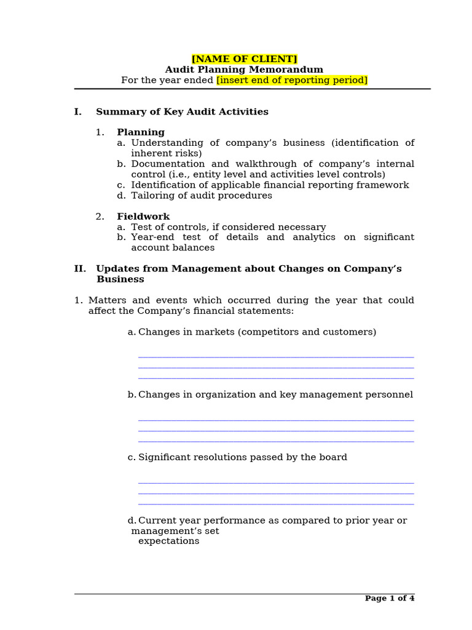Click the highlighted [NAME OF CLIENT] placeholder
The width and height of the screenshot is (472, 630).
[244, 59]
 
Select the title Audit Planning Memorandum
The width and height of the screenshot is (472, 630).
[244, 70]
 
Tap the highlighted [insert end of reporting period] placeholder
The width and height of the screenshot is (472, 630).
[291, 81]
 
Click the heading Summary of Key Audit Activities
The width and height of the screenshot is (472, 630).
[182, 112]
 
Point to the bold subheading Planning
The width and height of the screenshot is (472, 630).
[141, 132]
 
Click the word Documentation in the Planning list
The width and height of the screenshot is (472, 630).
[168, 164]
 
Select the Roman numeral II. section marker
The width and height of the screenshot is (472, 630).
[80, 269]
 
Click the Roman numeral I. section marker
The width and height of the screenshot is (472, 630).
[77, 112]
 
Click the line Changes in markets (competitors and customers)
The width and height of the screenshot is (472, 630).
[257, 332]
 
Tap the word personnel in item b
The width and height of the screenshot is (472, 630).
[390, 395]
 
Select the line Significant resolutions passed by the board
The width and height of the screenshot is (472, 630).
[242, 458]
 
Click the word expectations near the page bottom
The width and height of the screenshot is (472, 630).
[168, 541]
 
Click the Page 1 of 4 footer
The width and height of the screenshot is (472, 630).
[390, 598]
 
